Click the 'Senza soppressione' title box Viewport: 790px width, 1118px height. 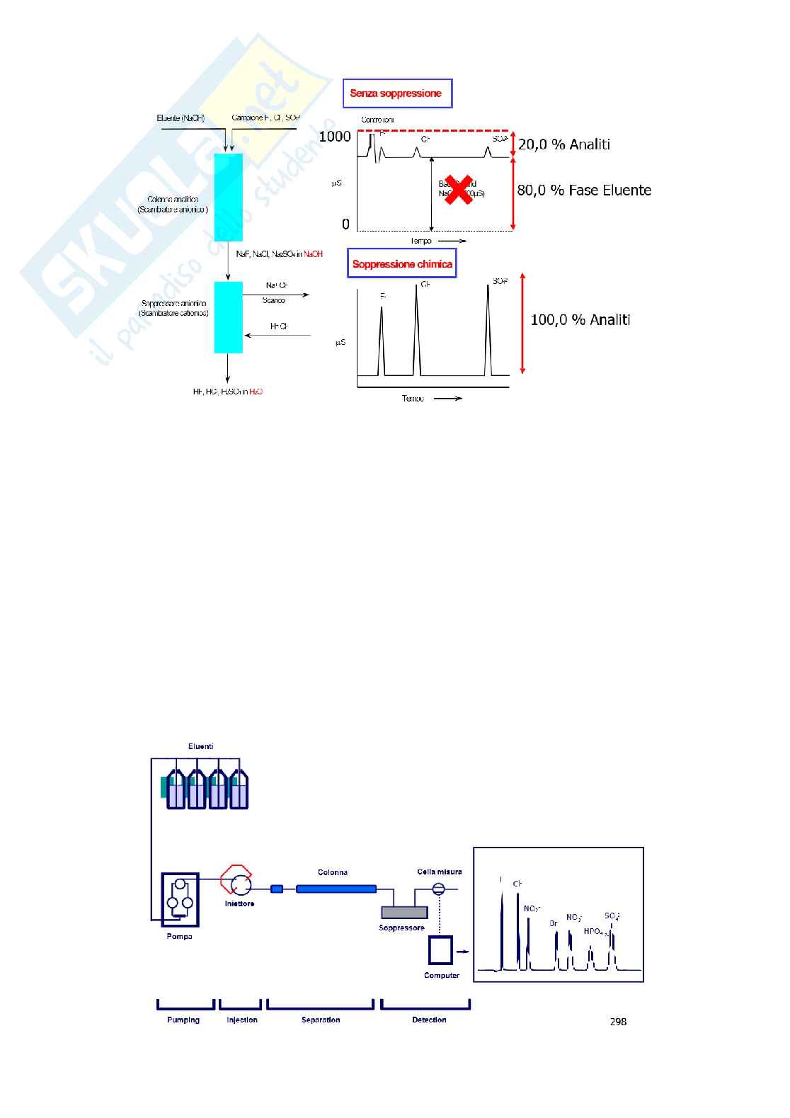pos(396,93)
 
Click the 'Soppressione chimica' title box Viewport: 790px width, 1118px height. pos(401,264)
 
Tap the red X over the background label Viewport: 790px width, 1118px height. pos(459,190)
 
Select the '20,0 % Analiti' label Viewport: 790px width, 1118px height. pos(563,144)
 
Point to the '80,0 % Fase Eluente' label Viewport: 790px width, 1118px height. pos(583,190)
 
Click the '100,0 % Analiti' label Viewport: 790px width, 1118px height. pos(580,320)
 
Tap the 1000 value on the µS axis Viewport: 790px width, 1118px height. pos(335,137)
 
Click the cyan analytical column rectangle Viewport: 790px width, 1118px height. pos(228,198)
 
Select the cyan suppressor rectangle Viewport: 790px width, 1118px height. pos(228,317)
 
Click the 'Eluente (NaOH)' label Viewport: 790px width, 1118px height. pos(181,118)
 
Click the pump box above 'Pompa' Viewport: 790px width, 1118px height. pos(180,899)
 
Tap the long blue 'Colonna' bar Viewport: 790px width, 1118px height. pos(336,889)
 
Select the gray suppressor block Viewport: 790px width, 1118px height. pos(403,912)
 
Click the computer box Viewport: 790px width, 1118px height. pos(440,950)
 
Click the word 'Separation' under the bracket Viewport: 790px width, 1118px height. pos(321,1020)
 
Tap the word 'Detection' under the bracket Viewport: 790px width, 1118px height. pos(429,1020)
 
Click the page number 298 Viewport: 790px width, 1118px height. pos(618,1021)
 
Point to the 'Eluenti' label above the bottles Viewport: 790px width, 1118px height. pos(200,746)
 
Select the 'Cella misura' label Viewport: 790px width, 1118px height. pos(439,872)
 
